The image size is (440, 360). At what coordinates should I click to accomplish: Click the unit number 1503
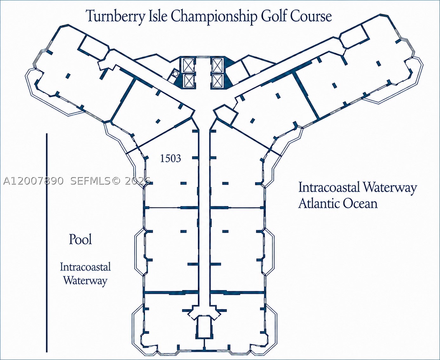pyautogui.click(x=170, y=158)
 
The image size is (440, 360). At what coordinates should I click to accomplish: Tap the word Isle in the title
pyautogui.click(x=158, y=16)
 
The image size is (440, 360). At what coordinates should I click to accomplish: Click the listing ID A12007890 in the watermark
pyautogui.click(x=33, y=181)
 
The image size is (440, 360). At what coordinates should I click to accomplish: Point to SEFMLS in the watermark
pyautogui.click(x=90, y=181)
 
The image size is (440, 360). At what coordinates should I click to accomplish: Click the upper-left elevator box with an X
pyautogui.click(x=189, y=65)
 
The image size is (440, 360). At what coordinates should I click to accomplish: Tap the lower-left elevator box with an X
pyautogui.click(x=189, y=81)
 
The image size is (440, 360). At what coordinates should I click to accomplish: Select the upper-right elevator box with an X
pyautogui.click(x=217, y=65)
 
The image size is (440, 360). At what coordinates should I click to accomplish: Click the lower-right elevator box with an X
pyautogui.click(x=217, y=81)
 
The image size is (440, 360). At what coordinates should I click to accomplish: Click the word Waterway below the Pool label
pyautogui.click(x=85, y=280)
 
